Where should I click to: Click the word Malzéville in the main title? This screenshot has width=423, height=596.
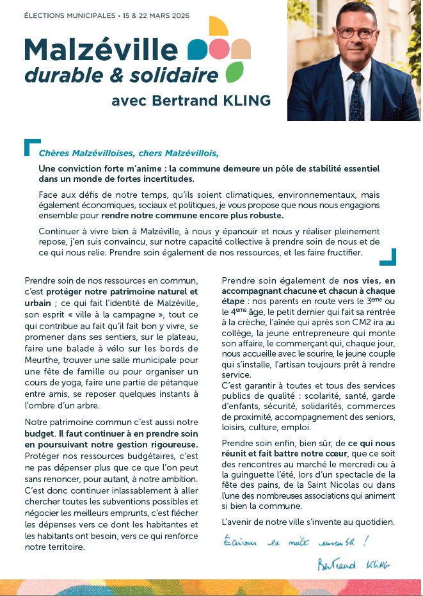[101, 50]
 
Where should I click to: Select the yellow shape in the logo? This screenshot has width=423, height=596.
[218, 26]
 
